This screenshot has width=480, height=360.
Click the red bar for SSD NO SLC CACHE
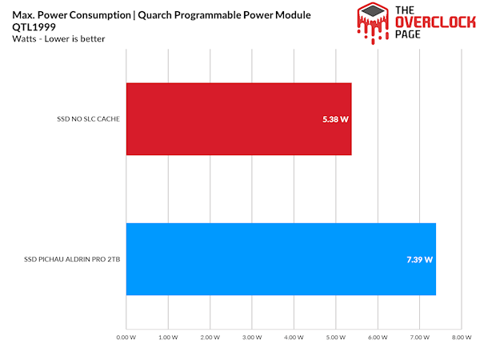tap(238, 118)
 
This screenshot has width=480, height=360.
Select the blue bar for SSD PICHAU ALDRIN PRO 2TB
tap(280, 259)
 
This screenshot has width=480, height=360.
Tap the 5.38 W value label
tap(335, 119)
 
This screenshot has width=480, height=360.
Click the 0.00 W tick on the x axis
tap(126, 338)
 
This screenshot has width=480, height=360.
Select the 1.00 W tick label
tap(168, 338)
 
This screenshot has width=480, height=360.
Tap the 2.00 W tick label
tap(210, 338)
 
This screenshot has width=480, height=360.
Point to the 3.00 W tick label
tap(252, 338)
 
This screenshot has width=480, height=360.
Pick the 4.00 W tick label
tap(294, 338)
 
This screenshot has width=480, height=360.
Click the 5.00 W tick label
tap(335, 338)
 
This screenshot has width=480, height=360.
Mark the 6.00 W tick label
tap(377, 338)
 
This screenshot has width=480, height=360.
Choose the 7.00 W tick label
tap(419, 338)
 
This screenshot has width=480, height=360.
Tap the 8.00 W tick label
tap(461, 338)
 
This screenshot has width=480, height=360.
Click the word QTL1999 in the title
tap(30, 26)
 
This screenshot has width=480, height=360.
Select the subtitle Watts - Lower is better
tap(49, 38)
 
